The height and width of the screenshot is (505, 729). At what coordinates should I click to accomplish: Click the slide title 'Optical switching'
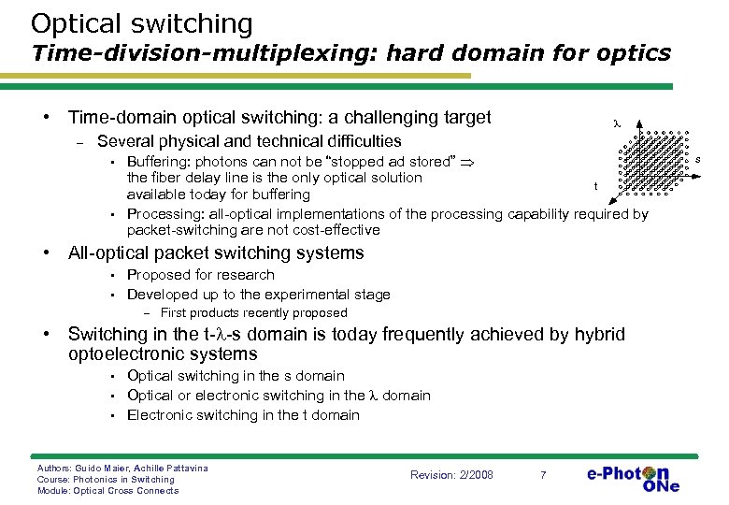(x=141, y=23)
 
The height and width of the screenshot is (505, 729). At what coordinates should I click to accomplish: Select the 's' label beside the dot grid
(x=697, y=160)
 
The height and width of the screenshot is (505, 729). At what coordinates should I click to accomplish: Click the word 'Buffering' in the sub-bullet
(x=157, y=162)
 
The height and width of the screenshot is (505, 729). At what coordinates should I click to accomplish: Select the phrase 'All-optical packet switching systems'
(x=216, y=252)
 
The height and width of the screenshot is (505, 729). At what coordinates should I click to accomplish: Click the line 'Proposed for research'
(x=200, y=275)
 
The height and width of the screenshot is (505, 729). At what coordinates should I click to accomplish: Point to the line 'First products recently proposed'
(x=253, y=313)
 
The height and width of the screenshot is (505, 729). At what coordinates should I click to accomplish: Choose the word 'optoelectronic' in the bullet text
(x=127, y=354)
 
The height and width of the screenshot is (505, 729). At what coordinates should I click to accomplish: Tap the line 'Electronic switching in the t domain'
(x=243, y=414)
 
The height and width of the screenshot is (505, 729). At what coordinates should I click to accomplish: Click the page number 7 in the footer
(x=543, y=475)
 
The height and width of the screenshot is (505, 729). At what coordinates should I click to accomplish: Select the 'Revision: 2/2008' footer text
(x=451, y=475)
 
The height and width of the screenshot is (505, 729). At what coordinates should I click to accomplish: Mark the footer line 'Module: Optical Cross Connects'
(x=107, y=490)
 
